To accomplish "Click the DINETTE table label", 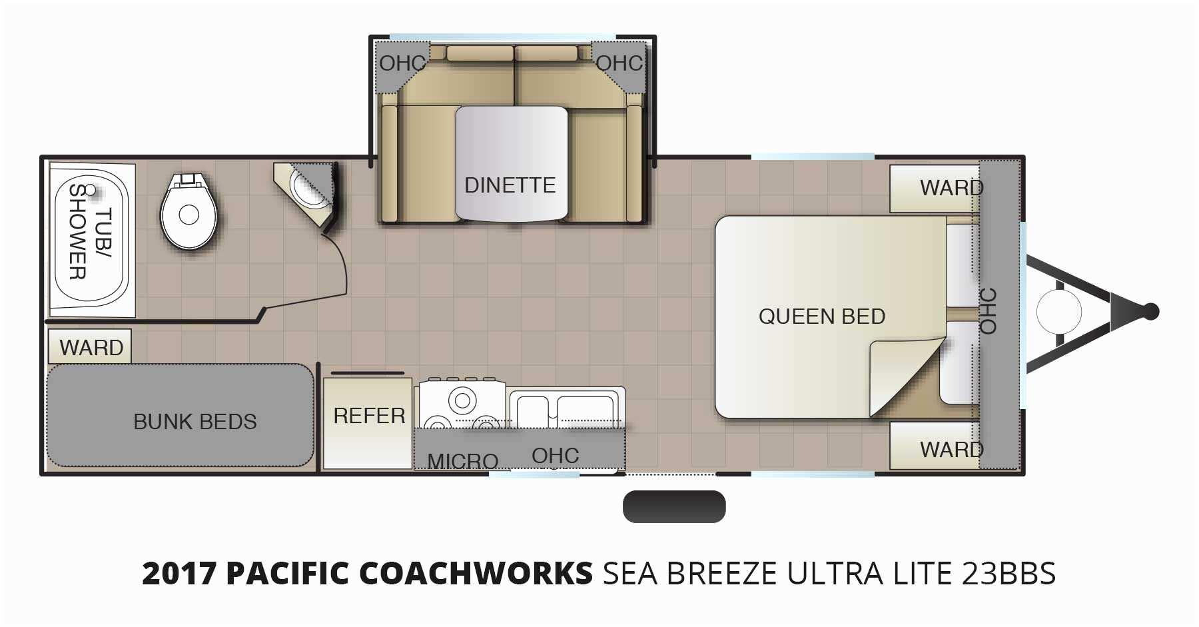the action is (510, 185).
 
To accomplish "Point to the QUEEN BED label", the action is (822, 316).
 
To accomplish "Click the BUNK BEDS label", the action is (195, 422).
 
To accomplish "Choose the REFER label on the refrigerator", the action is (369, 416).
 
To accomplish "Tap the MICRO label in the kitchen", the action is (463, 460).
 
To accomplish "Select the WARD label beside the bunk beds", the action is (91, 348).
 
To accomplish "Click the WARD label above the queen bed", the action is (951, 188).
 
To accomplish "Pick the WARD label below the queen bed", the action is (951, 450).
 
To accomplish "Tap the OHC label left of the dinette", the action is (402, 63).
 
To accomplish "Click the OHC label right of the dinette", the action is (619, 63).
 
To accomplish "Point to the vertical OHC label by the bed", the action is (988, 311).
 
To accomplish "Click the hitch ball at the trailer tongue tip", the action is (1151, 311).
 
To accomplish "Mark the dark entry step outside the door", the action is (674, 506).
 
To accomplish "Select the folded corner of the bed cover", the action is (906, 376).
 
